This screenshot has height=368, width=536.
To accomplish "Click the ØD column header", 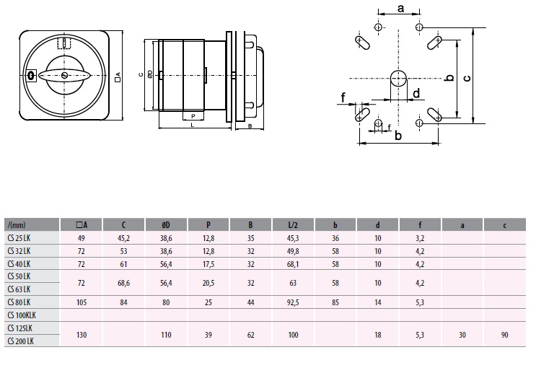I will [166, 224].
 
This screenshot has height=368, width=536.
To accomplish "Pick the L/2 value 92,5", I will [293, 302].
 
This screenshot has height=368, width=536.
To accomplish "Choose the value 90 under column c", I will [504, 333].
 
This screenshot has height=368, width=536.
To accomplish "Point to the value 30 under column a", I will [462, 333].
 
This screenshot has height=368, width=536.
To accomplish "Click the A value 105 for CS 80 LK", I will [81, 302].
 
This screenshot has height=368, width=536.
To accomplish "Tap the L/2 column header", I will [293, 224].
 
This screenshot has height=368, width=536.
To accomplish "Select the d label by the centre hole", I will [416, 92].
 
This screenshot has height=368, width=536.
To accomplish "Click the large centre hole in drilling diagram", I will [398, 78].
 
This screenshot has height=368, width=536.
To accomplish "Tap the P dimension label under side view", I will [193, 116].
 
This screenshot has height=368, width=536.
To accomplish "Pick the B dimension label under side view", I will [249, 126].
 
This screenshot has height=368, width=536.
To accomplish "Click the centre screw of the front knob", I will [65, 75].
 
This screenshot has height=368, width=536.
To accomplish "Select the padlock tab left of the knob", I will [31, 75].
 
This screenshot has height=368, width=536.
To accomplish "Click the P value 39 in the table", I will [208, 333].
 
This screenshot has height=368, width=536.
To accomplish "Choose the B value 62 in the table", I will [250, 333].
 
